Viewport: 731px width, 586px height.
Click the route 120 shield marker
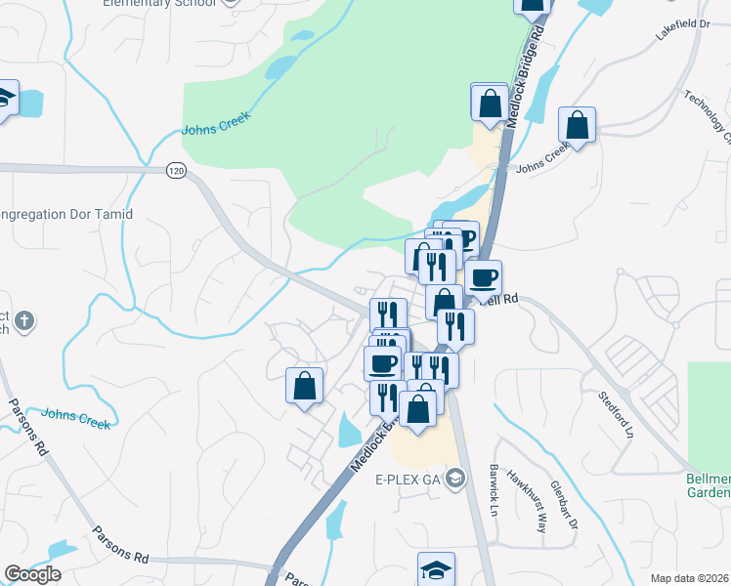176,170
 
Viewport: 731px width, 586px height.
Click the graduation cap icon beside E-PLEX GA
455,479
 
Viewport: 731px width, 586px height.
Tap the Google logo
32,574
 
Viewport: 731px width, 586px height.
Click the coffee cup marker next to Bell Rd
483,277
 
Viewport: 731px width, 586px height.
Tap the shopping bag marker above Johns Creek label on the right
578,126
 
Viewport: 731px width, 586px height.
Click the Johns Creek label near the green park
216,123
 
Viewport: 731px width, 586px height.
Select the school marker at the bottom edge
436,569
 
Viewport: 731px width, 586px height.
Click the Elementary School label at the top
160,3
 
